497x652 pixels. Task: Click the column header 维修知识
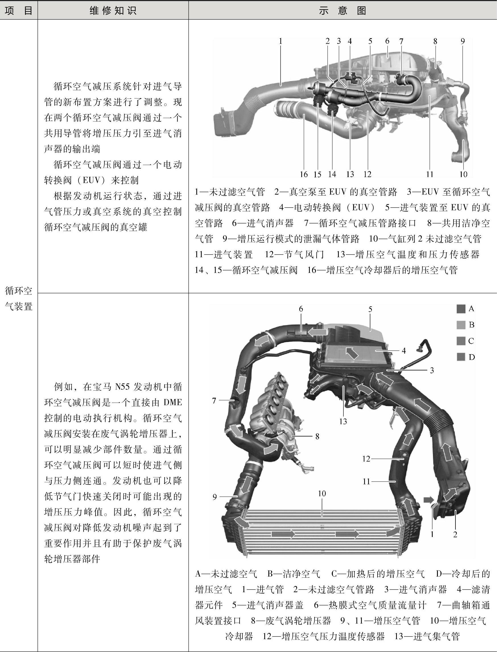pos(113,11)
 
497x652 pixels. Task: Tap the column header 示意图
pos(343,11)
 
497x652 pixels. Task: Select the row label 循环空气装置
pos(19,299)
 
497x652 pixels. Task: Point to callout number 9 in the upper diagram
pos(463,42)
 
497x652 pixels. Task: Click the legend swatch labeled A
pos(461,309)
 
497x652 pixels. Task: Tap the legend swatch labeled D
pos(461,357)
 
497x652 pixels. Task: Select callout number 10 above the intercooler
pos(322,493)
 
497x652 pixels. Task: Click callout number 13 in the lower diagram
pos(343,421)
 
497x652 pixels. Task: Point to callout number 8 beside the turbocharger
pos(317,436)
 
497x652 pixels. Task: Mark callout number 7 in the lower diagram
pos(214,401)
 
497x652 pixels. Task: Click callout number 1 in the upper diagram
pos(281,42)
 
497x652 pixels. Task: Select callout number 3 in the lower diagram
pos(432,370)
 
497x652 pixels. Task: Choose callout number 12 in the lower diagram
pos(366,459)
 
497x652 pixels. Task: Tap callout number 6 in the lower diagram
pos(301,309)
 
